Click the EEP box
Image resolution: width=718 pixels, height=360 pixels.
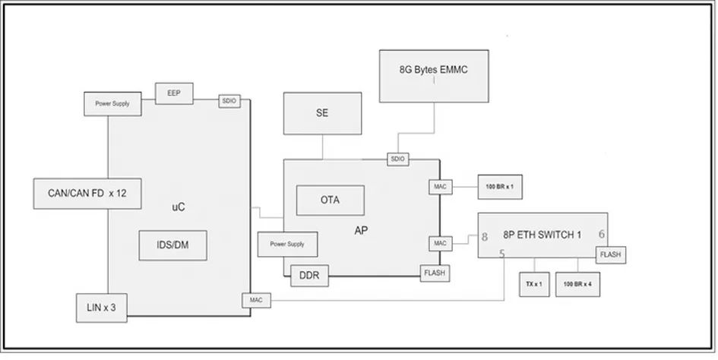[174, 93]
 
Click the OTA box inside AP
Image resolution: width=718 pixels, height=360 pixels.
[330, 200]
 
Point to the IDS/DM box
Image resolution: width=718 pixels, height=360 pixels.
[174, 244]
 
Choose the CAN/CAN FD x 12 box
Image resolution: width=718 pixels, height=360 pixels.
[81, 193]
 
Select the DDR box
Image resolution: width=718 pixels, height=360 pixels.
[310, 276]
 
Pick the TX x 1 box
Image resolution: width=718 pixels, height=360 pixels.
[533, 283]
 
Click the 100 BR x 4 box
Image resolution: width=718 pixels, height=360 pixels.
[577, 283]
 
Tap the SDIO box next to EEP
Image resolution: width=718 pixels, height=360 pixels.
[229, 100]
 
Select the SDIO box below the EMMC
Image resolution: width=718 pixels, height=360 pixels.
[397, 159]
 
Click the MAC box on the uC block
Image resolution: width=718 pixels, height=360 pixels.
[255, 300]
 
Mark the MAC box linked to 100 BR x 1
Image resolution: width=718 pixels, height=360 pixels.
[440, 185]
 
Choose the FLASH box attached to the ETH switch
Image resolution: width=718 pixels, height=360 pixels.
[611, 255]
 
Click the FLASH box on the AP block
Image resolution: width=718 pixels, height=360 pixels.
[434, 273]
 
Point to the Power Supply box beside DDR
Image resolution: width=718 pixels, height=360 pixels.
[287, 244]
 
